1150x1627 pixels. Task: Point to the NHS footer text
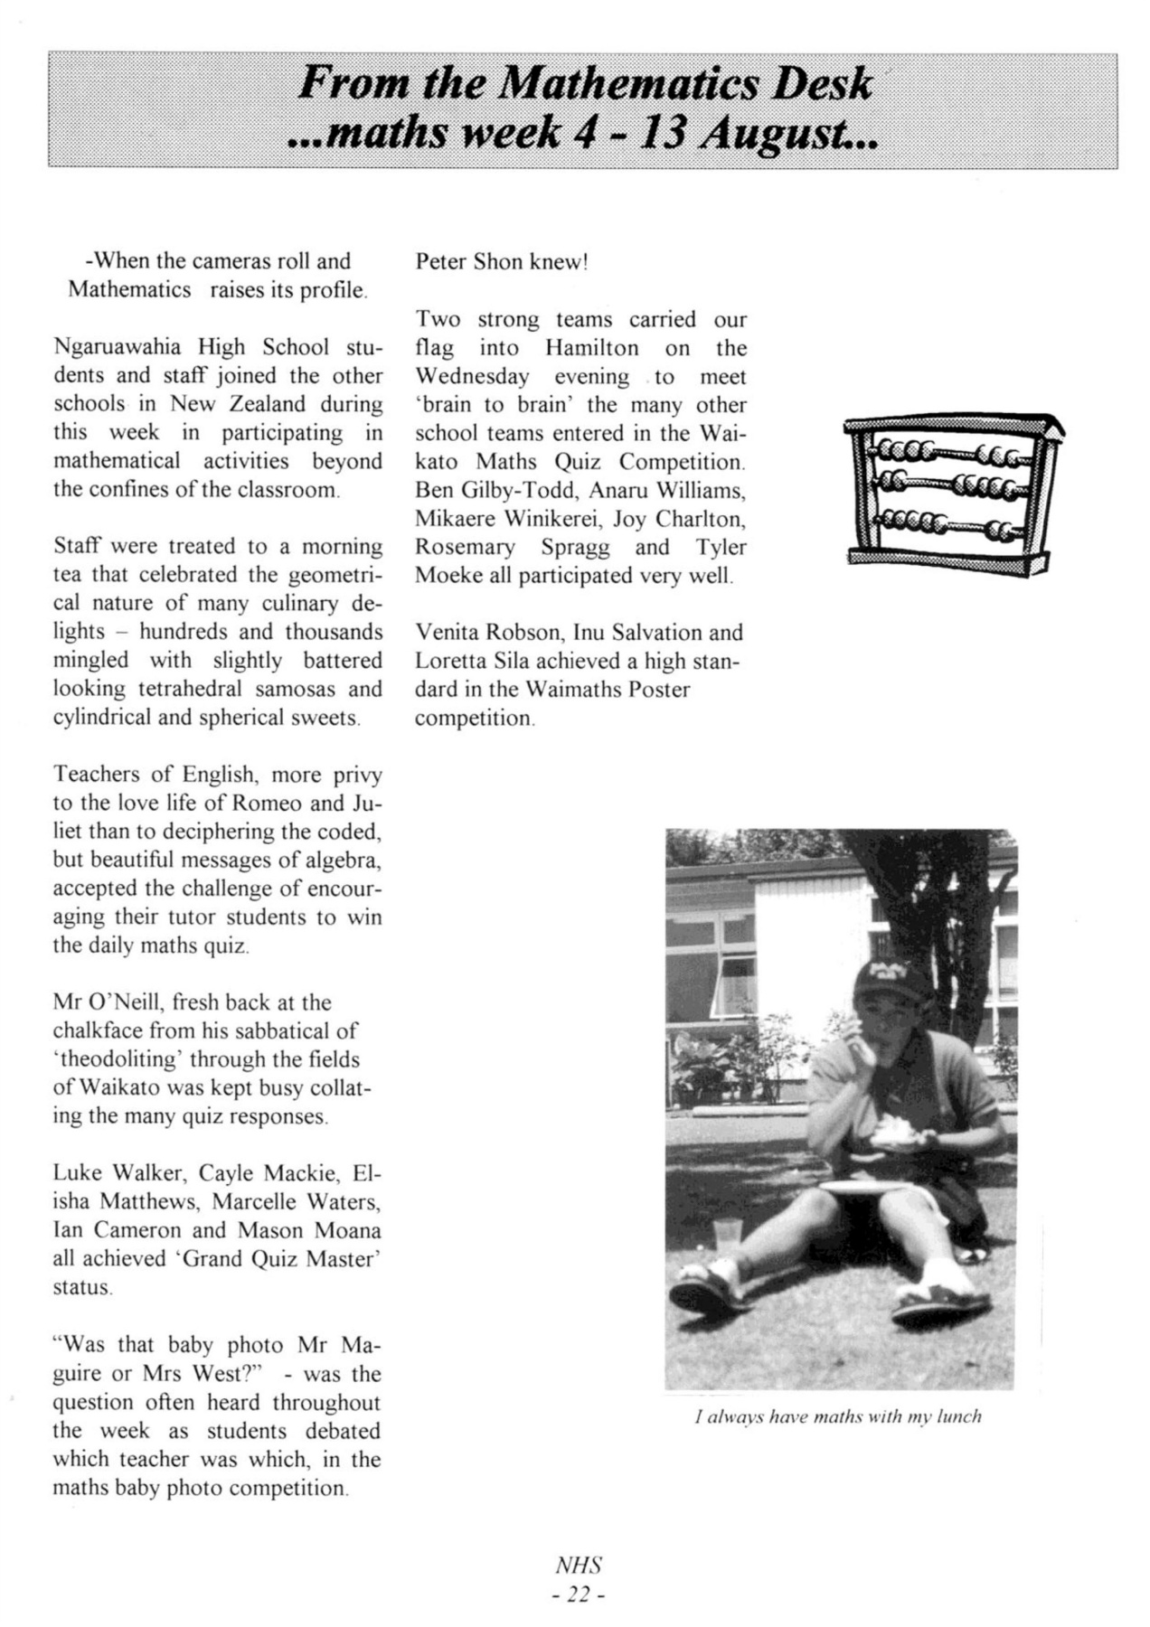click(x=579, y=1565)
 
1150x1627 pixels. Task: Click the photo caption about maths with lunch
click(x=837, y=1416)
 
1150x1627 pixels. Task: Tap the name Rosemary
click(x=465, y=548)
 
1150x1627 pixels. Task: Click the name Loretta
click(x=449, y=661)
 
